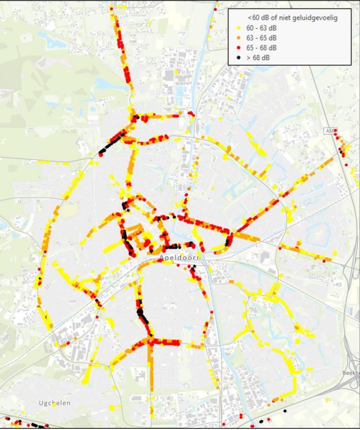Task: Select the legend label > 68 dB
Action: click(x=258, y=58)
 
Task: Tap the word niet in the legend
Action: click(x=283, y=18)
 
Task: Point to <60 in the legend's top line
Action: click(x=253, y=18)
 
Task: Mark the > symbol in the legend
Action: click(x=249, y=58)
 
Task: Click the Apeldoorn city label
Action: click(x=178, y=258)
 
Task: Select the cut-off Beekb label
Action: click(x=351, y=373)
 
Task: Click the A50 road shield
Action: click(x=330, y=131)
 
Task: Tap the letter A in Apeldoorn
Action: click(x=161, y=258)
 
